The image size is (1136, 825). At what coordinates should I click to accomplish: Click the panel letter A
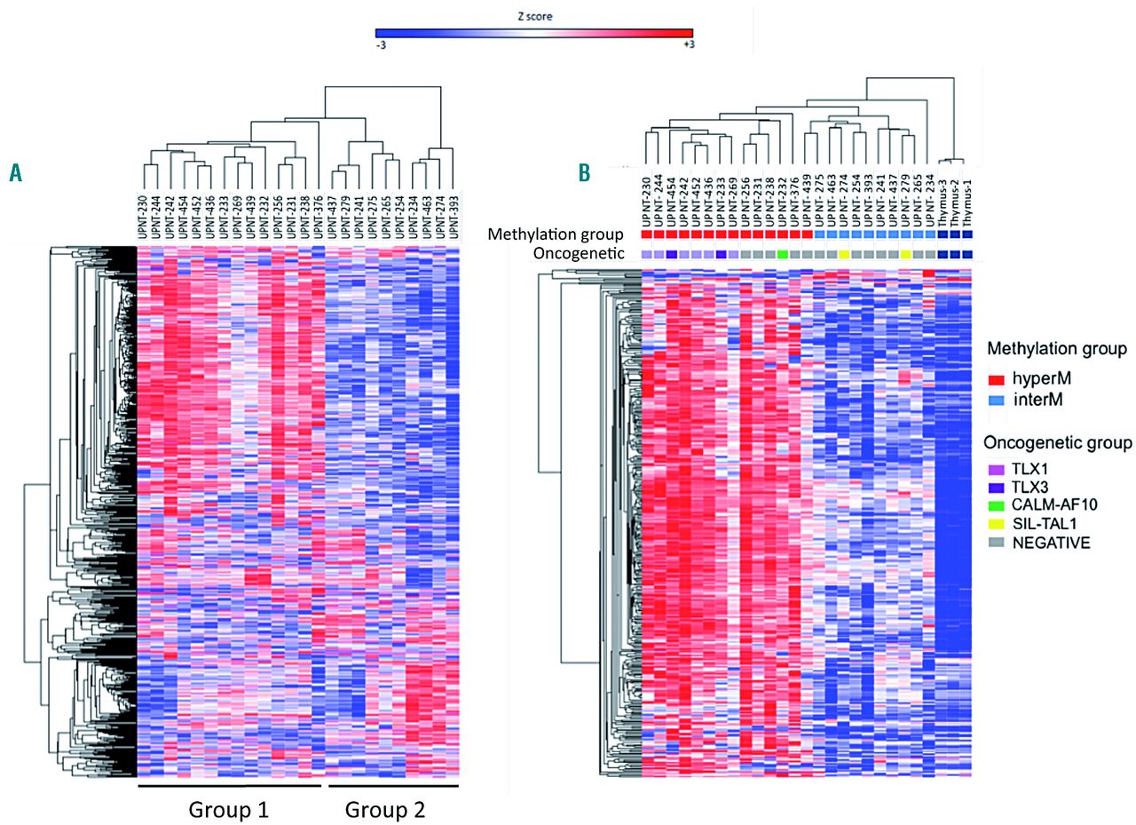(16, 172)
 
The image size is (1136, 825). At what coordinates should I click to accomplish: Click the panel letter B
(585, 172)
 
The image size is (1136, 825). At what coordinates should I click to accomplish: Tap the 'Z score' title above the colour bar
(533, 16)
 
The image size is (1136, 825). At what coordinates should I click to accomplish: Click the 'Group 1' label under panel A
(228, 810)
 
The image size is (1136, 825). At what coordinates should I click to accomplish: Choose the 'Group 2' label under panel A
(385, 810)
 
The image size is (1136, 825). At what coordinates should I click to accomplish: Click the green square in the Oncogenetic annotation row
(782, 255)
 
